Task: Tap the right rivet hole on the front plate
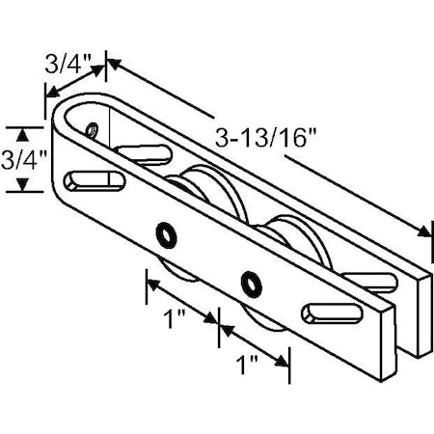254,282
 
